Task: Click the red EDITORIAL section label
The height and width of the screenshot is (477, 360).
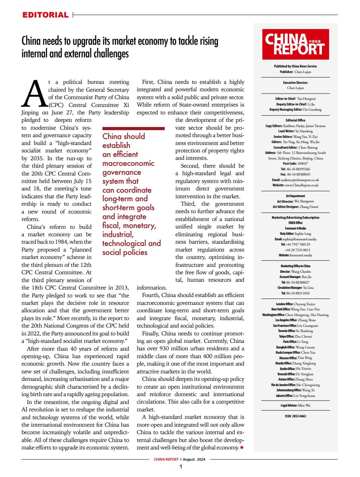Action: point(45,15)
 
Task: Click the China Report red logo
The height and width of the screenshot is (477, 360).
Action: point(295,44)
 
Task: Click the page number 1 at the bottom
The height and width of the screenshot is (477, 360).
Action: point(181,467)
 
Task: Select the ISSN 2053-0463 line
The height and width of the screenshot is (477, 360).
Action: point(295,416)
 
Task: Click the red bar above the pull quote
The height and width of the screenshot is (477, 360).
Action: point(133,128)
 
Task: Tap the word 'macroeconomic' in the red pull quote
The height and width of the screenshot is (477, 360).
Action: point(128,163)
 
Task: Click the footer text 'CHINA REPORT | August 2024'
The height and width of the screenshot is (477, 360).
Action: point(180,459)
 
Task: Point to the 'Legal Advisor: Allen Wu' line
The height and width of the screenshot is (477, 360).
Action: point(295,405)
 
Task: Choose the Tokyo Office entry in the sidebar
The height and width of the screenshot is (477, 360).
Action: point(295,336)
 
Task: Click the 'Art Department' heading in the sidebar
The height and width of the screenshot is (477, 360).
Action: point(295,196)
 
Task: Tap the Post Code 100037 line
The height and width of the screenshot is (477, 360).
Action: point(295,164)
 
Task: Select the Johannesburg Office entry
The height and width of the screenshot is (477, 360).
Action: point(295,390)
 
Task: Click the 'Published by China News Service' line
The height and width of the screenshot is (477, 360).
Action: point(295,66)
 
